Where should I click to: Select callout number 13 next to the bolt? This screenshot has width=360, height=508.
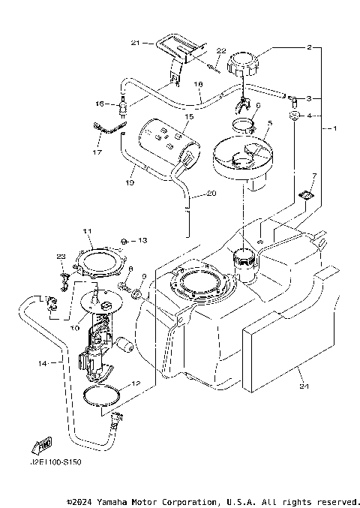[x=142, y=240]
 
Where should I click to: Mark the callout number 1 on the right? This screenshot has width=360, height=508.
[x=334, y=128]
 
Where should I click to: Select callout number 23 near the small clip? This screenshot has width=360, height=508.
[x=61, y=256]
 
